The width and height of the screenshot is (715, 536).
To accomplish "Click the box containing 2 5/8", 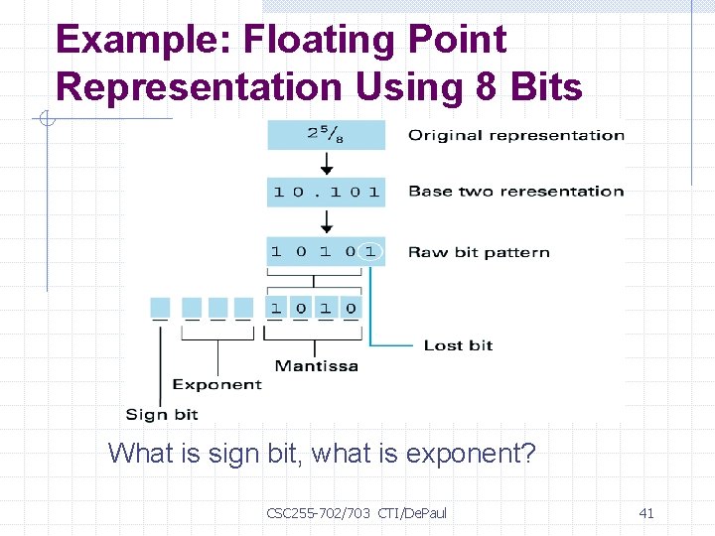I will pyautogui.click(x=326, y=135).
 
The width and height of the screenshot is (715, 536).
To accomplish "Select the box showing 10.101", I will pyautogui.click(x=326, y=192).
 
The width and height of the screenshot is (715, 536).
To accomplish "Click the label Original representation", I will pyautogui.click(x=516, y=135).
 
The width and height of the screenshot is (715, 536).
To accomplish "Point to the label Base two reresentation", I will pyautogui.click(x=516, y=192).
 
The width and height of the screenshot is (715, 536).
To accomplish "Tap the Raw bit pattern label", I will pyautogui.click(x=479, y=252).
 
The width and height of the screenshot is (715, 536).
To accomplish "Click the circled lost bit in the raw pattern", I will pyautogui.click(x=370, y=251).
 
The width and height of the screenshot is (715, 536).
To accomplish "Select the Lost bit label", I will pyautogui.click(x=458, y=345).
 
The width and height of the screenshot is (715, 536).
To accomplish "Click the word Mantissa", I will pyautogui.click(x=316, y=365).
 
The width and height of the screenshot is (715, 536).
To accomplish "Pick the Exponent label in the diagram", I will pyautogui.click(x=216, y=384).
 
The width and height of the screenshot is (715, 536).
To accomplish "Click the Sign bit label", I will pyautogui.click(x=162, y=414).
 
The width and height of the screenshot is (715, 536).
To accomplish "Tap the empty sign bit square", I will pyautogui.click(x=160, y=308).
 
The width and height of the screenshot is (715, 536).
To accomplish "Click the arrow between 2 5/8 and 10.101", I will pyautogui.click(x=326, y=163).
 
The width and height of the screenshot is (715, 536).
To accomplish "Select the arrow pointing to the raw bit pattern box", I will pyautogui.click(x=326, y=221).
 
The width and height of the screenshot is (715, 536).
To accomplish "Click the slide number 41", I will pyautogui.click(x=646, y=512).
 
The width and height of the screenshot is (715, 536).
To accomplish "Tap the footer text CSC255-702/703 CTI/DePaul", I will pyautogui.click(x=357, y=512).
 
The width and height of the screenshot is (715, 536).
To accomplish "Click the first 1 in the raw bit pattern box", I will pyautogui.click(x=276, y=251).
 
